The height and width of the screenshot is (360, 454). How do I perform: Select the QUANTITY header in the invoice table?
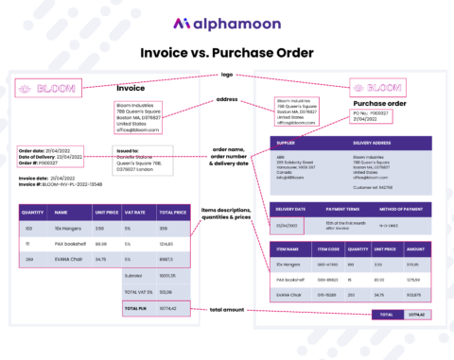pyautogui.click(x=33, y=214)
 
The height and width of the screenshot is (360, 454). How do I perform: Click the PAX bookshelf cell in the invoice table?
pyautogui.click(x=72, y=244)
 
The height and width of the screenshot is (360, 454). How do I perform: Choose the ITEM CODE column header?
pyautogui.click(x=327, y=249)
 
